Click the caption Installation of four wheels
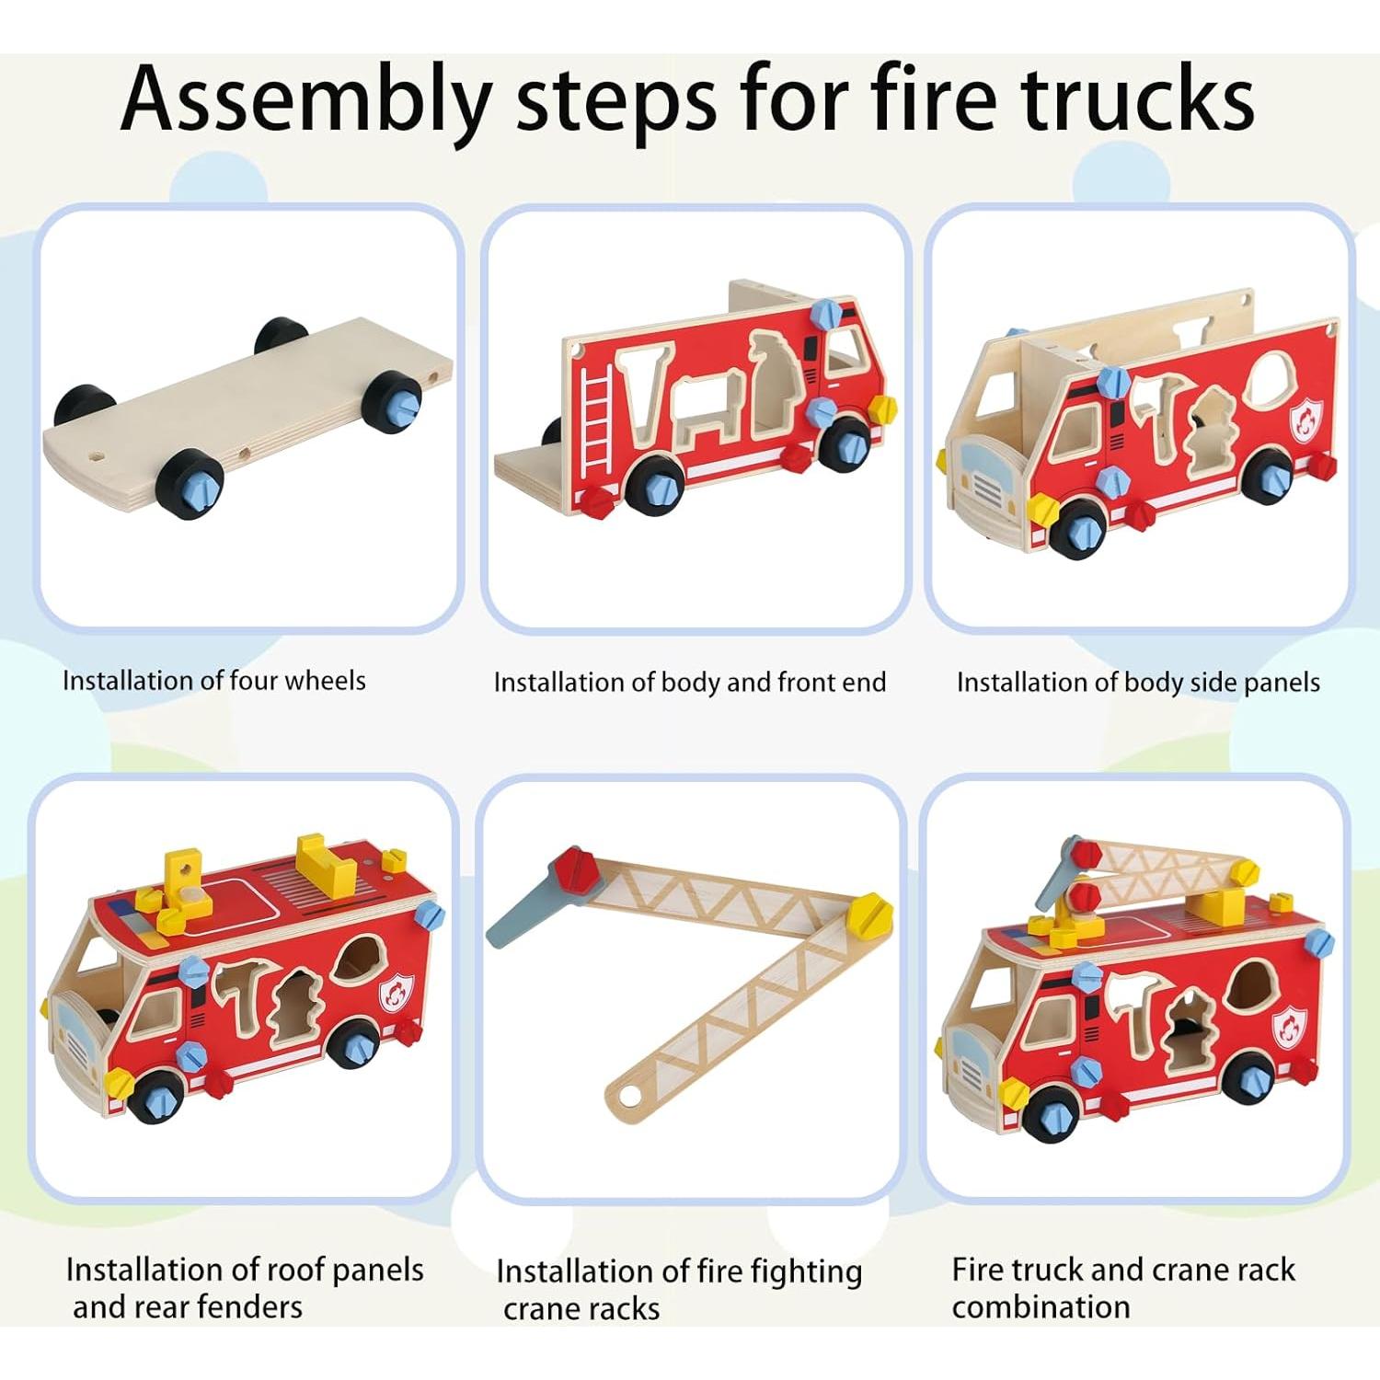pos(213,681)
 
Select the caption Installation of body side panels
pos(1138,683)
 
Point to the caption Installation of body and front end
pos(689,683)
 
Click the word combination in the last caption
pos(1041,1307)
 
